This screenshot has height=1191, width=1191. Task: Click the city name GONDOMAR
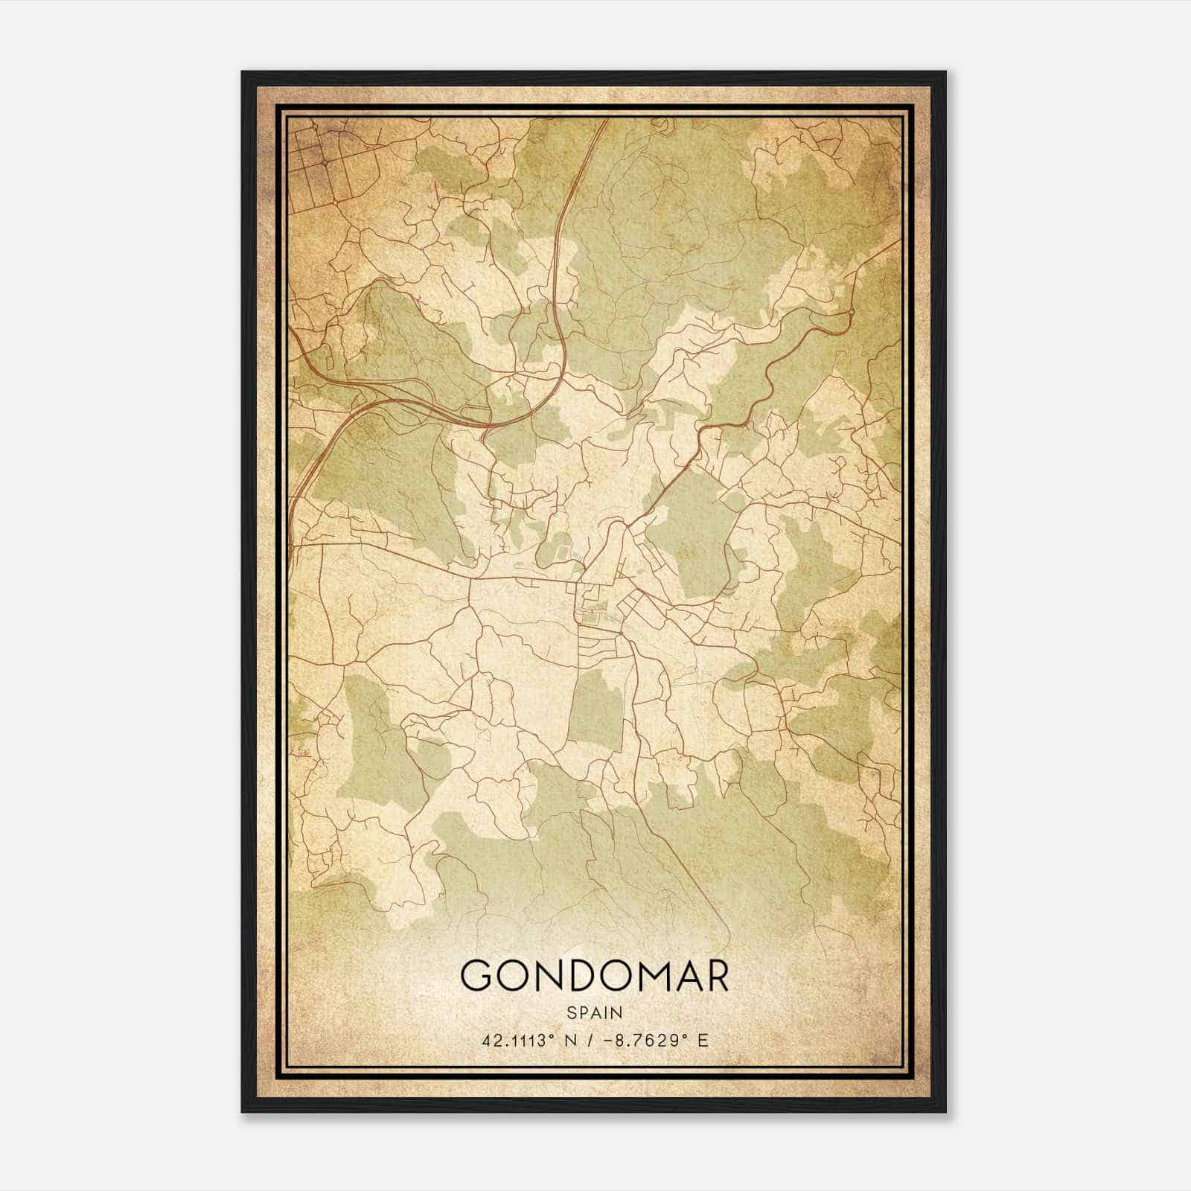595,976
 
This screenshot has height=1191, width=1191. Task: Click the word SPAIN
595,1013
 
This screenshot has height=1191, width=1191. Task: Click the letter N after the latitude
572,1040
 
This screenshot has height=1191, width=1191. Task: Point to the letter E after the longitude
703,1040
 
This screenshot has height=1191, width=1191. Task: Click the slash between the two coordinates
590,1040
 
